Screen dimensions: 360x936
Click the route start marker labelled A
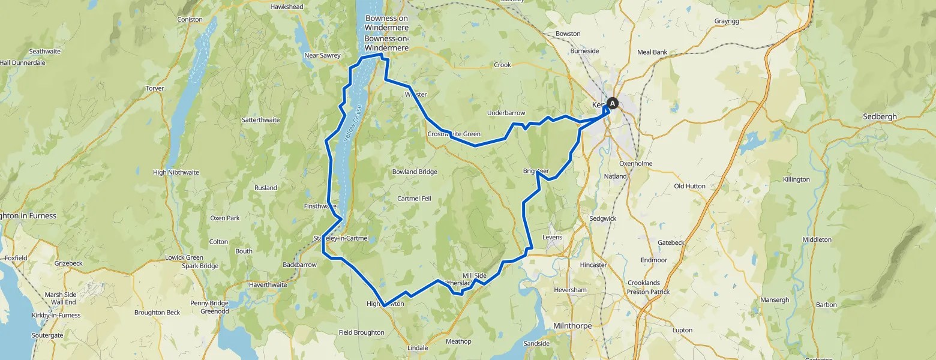coord(612,103)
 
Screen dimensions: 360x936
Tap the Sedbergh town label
coord(879,116)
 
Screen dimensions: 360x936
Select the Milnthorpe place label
coord(571,326)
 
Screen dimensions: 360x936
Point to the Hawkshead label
coord(287,7)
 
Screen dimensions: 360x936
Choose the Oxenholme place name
coord(635,164)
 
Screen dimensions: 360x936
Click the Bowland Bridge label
coord(415,172)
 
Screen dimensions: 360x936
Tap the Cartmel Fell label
coord(414,199)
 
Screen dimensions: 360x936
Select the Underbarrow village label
coord(506,113)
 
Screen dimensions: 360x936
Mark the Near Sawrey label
coord(322,56)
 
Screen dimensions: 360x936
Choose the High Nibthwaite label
coord(176,173)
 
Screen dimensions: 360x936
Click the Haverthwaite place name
coord(268,285)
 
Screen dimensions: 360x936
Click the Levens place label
coord(552,238)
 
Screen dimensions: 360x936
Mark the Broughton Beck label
coord(157,313)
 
